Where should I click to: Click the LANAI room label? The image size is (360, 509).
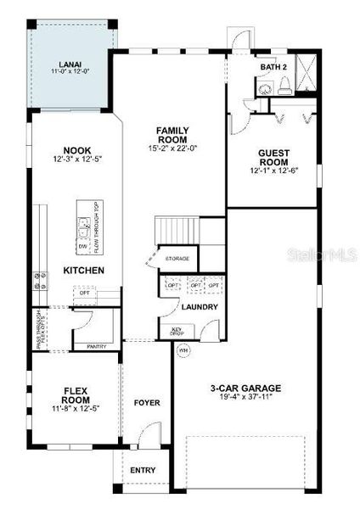point(70,63)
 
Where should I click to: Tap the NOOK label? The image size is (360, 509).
point(71,149)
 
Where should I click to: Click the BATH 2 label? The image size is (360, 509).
point(274,67)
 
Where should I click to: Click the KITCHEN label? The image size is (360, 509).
point(84,271)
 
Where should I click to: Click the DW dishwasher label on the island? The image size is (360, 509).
point(83,247)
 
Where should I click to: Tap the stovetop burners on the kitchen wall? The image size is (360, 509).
point(39,281)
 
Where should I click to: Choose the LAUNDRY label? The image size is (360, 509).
point(200,307)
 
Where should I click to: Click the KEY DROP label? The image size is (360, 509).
point(177,332)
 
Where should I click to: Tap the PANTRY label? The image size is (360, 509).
point(97,346)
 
